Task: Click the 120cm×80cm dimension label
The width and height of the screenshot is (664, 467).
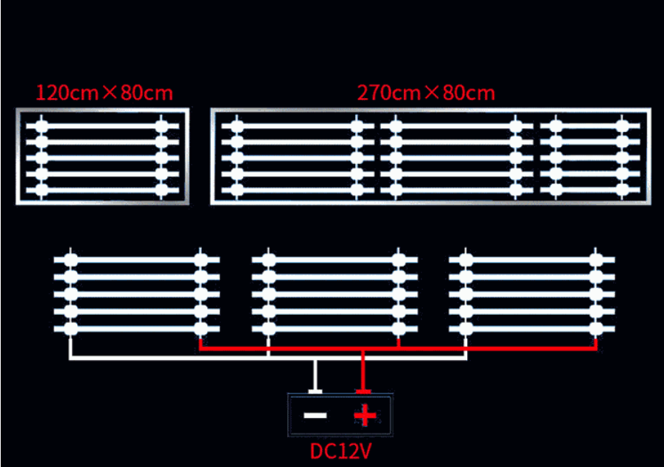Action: [x=105, y=93]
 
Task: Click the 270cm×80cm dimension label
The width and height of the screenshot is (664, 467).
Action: [x=426, y=93]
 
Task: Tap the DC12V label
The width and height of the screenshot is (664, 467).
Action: [x=341, y=451]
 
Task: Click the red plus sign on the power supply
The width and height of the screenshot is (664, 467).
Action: [x=365, y=415]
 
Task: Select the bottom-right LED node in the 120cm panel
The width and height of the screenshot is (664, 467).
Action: [x=162, y=190]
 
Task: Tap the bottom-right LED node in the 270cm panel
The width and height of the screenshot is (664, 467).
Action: [x=622, y=190]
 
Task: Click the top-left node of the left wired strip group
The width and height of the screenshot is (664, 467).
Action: [x=71, y=260]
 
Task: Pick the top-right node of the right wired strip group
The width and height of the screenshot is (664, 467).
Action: [x=596, y=260]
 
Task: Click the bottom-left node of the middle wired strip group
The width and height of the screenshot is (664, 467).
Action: [x=269, y=328]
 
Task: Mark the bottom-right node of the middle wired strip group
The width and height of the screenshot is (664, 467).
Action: [x=399, y=328]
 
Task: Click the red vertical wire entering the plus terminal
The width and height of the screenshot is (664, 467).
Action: [x=363, y=371]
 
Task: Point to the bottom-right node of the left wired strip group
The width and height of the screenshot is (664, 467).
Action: [x=201, y=328]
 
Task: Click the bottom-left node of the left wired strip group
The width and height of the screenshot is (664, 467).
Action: [x=71, y=328]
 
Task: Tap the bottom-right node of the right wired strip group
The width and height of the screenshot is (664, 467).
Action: [x=596, y=328]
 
